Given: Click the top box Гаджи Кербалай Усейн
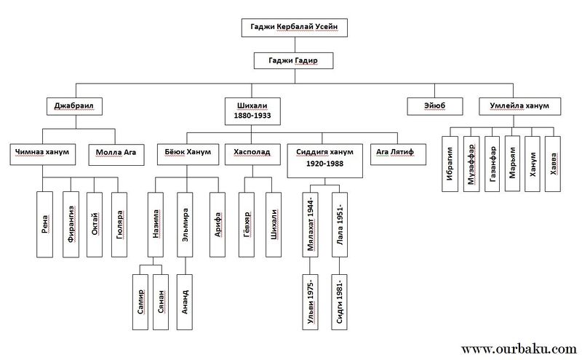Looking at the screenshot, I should pos(291,27).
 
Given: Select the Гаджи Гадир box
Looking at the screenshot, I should pos(291,60).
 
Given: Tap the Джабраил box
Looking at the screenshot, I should pos(74,106).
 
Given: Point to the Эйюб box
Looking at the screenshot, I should pos(435,106).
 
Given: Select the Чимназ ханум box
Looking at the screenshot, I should pos(41,153).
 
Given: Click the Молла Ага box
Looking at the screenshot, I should pos(113,153).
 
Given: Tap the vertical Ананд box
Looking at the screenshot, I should pos(186,297).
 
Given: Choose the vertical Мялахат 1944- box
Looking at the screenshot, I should pos(311,223).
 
